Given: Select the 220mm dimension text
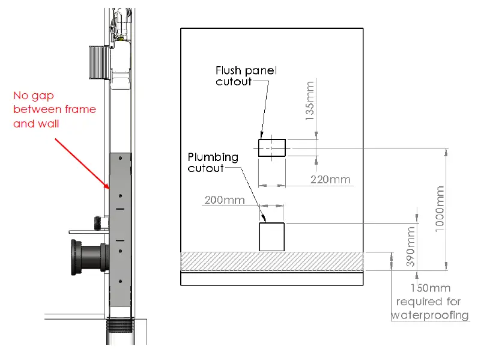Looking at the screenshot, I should tap(330, 180).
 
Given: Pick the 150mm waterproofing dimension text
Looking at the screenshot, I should tap(430, 288).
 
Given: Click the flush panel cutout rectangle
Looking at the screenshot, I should tap(271, 147).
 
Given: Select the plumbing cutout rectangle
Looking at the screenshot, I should tap(271, 236).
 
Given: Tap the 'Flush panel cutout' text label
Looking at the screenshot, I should tap(246, 76).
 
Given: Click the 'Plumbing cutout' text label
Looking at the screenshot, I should tap(213, 162).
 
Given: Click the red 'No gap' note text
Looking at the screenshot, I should tap(54, 109).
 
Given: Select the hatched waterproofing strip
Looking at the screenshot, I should tap(272, 261).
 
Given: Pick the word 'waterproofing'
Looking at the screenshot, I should tap(430, 315).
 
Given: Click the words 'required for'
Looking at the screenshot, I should tap(428, 302).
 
